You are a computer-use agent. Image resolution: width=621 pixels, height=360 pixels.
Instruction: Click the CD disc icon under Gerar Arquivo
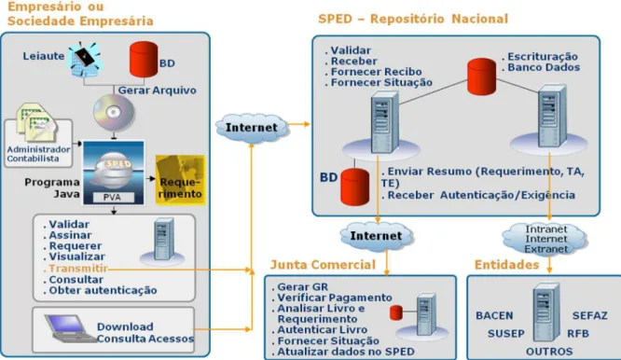click(114, 113)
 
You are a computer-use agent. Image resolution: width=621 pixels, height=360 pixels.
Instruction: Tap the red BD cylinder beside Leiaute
click(144, 60)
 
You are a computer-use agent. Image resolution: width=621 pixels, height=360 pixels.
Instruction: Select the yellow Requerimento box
click(181, 180)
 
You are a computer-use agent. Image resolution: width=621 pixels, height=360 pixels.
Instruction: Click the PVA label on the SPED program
click(113, 197)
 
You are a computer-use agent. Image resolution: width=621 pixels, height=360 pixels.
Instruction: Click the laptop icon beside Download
click(68, 328)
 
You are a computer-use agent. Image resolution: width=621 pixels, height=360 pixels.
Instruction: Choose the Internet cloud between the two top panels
click(252, 128)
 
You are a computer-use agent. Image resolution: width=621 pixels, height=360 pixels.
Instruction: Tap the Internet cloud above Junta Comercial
click(377, 236)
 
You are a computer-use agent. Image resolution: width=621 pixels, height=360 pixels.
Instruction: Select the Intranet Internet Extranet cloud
click(546, 239)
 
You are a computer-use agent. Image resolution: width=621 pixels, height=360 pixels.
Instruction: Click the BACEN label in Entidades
click(494, 315)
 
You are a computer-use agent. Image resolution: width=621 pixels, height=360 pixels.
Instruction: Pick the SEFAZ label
click(589, 315)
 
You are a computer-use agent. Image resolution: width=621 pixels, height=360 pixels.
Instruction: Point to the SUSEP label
click(505, 334)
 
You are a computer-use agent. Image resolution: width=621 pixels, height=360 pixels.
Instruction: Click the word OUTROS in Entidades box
click(549, 352)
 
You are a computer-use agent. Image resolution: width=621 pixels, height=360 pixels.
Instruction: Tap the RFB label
click(578, 334)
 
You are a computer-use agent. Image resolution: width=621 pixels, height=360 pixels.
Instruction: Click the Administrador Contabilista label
click(38, 154)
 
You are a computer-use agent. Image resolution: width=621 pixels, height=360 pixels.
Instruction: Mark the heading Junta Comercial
click(323, 265)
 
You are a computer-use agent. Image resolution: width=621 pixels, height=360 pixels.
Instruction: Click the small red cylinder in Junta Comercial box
click(396, 312)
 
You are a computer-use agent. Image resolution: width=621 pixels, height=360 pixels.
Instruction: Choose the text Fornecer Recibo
click(377, 72)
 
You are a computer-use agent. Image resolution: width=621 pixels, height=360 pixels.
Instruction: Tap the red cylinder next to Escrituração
click(481, 76)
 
